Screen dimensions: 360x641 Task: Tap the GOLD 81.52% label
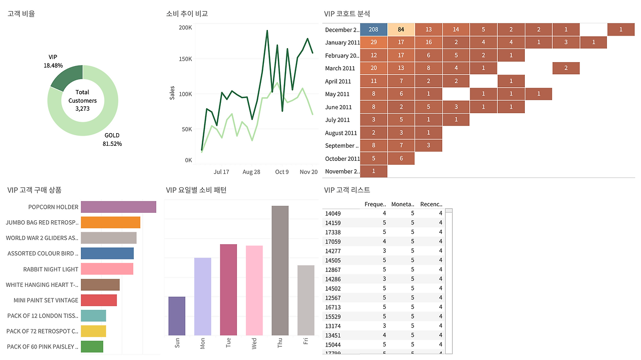point(112,140)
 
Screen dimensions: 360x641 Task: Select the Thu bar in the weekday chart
point(280,270)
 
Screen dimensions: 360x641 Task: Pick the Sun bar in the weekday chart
point(177,316)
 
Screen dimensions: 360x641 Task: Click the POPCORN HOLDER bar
point(118,207)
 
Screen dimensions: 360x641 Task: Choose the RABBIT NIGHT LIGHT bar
point(107,269)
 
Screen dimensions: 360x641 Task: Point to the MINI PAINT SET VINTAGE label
point(46,300)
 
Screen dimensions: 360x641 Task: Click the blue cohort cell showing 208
point(374,30)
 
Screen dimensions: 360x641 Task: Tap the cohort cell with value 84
point(401,30)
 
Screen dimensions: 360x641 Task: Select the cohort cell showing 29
point(374,43)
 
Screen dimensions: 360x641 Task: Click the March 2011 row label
point(340,68)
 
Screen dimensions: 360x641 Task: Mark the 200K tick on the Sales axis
point(185,28)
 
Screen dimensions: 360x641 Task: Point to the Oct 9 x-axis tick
point(282,172)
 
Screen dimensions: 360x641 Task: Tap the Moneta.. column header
point(403,204)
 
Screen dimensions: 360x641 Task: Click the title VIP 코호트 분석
point(347,14)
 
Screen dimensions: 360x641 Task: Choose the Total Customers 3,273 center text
point(83,100)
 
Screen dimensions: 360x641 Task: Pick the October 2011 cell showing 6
point(401,159)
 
